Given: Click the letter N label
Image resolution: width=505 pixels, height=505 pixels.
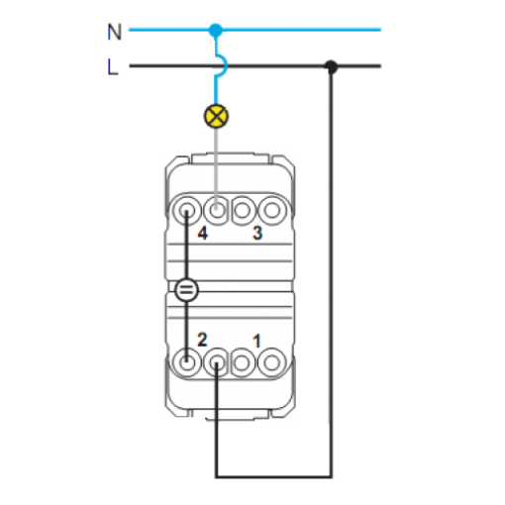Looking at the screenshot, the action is tap(115, 32).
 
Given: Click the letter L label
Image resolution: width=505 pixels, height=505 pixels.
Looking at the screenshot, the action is tap(113, 67).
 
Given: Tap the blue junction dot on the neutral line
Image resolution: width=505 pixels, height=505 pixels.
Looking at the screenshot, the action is tap(216, 30).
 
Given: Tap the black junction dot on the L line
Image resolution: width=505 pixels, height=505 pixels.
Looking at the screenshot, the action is tap(331, 66).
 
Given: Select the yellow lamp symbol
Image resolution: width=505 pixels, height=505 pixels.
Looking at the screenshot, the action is tap(216, 116).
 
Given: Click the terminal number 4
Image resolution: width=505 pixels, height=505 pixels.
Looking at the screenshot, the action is tap(202, 234).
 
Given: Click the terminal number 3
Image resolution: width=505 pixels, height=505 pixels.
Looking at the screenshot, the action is tap(257, 233).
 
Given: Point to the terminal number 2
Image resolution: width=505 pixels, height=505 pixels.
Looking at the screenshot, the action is tap(202, 340).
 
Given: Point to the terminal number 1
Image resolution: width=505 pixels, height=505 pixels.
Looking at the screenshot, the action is tap(256, 341).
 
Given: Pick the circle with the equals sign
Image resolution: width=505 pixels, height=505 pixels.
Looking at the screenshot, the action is tap(186, 290).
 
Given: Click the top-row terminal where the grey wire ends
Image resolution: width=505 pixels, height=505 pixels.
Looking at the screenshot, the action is tap(216, 210).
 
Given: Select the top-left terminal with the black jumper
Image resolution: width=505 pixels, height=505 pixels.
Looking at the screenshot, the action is tap(186, 210).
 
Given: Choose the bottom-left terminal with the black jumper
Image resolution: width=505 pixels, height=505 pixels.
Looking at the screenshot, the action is tap(186, 362).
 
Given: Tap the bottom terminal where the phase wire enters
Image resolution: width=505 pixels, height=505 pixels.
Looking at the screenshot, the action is tap(216, 363).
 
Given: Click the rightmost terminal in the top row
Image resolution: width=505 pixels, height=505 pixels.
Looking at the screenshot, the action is tap(272, 210).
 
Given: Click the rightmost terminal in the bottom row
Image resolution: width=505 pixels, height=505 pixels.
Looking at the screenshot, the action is tap(272, 362).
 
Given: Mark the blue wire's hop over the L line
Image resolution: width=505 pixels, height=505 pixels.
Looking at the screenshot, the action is tap(224, 65).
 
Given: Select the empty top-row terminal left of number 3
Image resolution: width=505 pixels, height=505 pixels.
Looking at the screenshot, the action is tap(243, 210).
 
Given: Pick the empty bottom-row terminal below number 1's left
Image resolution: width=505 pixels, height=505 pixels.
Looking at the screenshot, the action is tap(243, 363).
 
